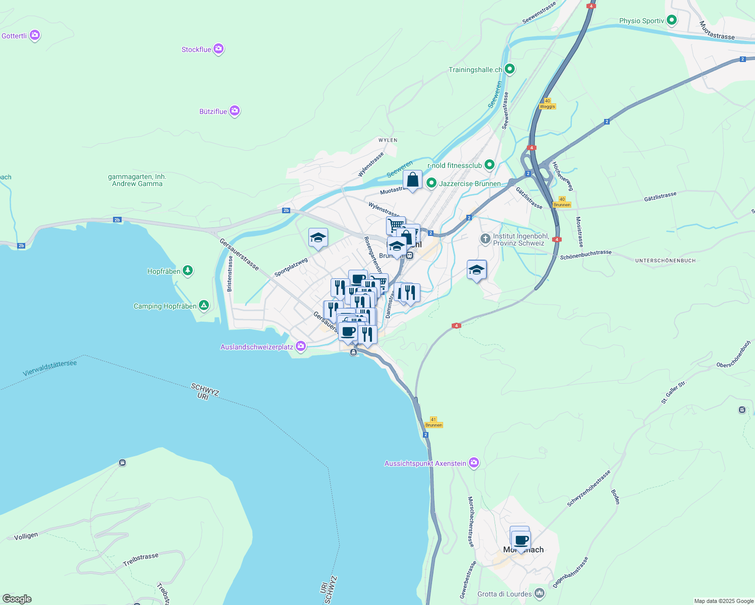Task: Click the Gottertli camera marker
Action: click(35, 35)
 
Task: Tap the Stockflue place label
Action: click(196, 49)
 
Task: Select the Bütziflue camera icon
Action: click(234, 111)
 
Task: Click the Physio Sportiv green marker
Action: click(671, 21)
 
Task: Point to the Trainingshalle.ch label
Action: click(475, 70)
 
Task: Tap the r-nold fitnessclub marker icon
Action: click(489, 165)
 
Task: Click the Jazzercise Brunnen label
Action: click(470, 184)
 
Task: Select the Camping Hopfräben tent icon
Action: click(203, 306)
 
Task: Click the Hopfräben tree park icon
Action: click(188, 271)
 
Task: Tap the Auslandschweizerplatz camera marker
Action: click(301, 346)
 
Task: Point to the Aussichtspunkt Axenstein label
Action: click(425, 463)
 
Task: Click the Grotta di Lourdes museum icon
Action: click(540, 593)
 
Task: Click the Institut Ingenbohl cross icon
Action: click(485, 238)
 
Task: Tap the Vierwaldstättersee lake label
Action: click(50, 368)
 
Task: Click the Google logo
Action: click(17, 599)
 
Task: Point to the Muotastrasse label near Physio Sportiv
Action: click(717, 30)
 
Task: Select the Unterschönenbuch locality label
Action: click(665, 261)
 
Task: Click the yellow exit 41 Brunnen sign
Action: click(434, 422)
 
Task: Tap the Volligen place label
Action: click(26, 536)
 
